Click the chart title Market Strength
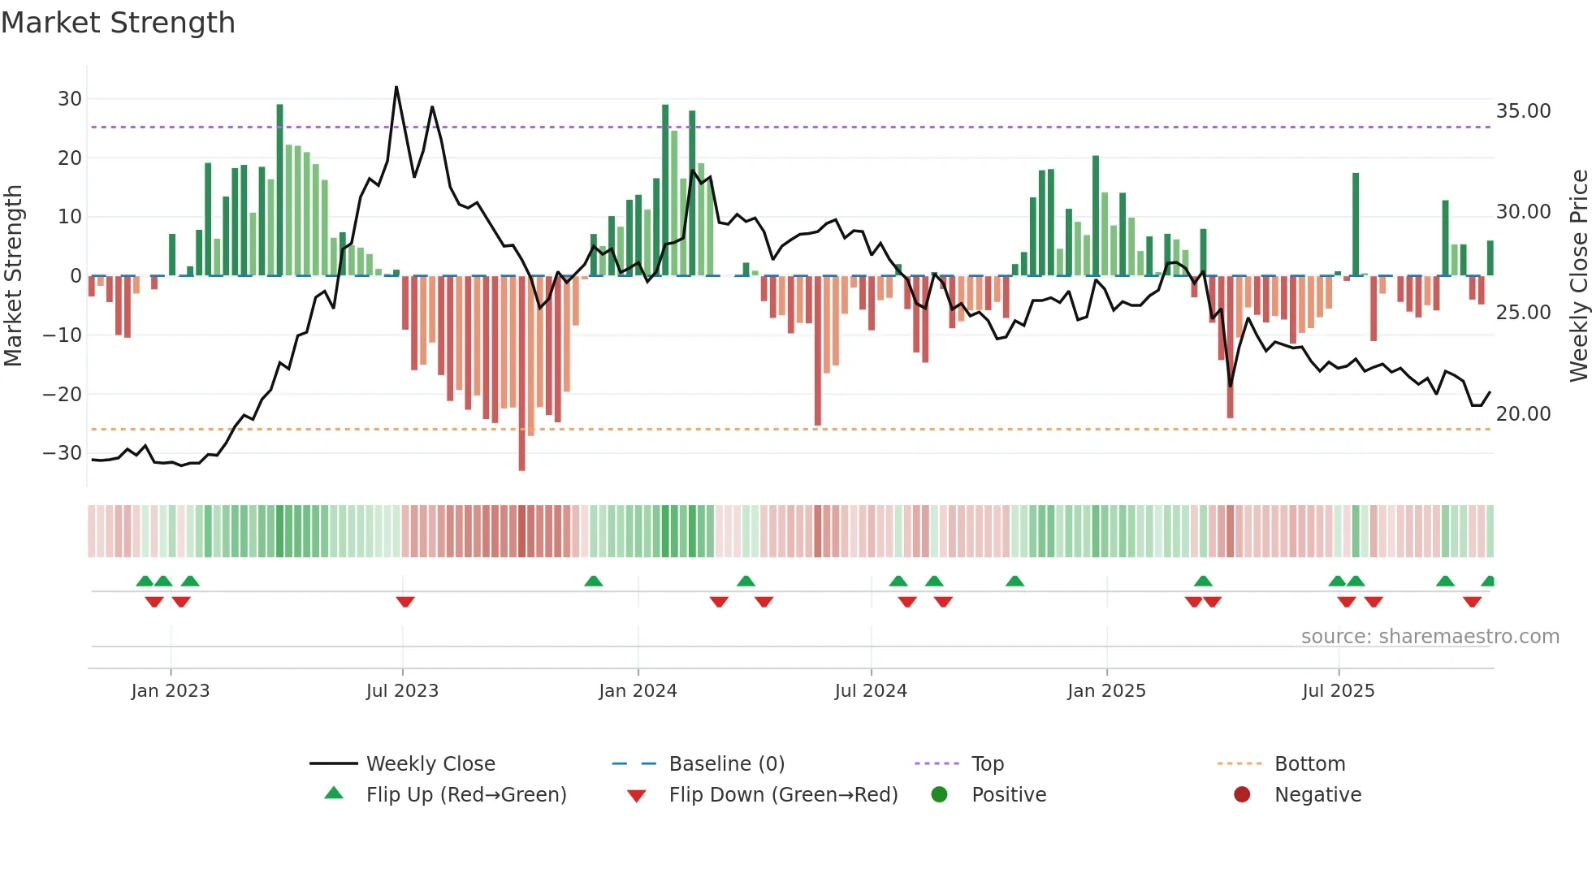pos(118,23)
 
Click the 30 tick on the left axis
pos(70,99)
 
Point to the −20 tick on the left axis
pos(63,395)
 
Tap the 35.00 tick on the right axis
pos(1523,111)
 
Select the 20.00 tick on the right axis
pos(1523,414)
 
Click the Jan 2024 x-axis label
pos(638,691)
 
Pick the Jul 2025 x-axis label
pos(1338,691)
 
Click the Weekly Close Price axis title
pos(1578,276)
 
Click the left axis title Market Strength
pos(13,276)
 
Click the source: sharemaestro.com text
pos(1430,637)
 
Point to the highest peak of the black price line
pos(396,88)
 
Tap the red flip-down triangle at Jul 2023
pos(405,602)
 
